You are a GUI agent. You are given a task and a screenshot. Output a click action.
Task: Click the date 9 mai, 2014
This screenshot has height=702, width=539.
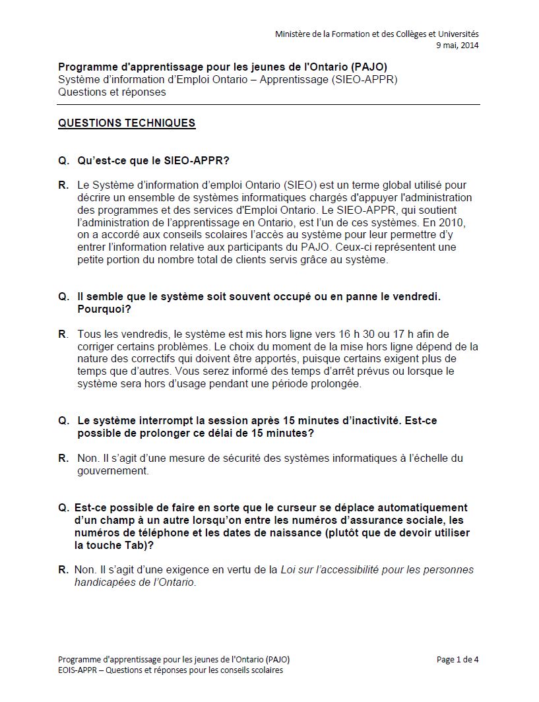(457, 46)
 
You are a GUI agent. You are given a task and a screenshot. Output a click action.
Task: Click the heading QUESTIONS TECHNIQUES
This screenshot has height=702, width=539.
(127, 123)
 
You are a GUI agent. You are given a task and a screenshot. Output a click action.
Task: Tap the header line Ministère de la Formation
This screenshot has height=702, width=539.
(377, 34)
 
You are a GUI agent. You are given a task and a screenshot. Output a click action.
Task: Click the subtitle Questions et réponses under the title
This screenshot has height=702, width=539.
(112, 92)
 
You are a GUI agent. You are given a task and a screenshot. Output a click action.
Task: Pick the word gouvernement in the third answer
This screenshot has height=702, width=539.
(112, 471)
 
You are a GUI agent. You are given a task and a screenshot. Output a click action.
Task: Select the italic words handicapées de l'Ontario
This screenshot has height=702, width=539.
(135, 583)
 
